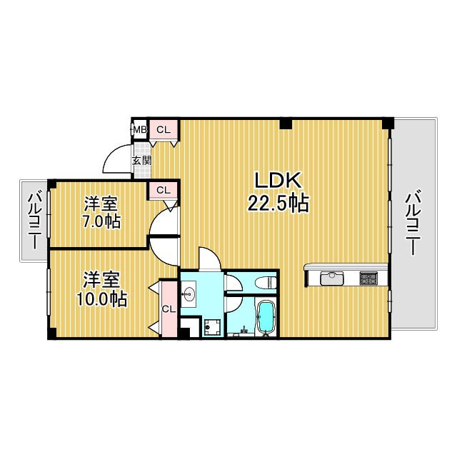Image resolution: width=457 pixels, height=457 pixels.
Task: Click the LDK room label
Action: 278,181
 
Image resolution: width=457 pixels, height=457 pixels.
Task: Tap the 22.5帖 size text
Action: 278,203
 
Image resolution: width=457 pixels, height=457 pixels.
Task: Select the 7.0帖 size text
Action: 101,221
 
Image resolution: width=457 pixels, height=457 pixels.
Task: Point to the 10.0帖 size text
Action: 101,298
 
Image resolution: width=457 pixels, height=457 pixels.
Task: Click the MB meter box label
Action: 140,129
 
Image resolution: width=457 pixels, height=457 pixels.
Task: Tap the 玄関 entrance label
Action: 142,161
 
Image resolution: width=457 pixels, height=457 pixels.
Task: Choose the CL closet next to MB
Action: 164,130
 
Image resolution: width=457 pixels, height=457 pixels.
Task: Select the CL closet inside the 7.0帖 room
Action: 164,191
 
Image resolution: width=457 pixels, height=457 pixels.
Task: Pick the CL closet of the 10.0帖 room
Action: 169,309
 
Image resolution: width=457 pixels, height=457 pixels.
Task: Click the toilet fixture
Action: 265,282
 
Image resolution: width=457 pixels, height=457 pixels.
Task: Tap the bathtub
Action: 265,316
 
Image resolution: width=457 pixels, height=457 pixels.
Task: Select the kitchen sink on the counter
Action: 332,278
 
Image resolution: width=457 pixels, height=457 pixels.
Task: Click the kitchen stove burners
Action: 368,278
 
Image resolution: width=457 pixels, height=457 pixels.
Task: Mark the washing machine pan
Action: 212,328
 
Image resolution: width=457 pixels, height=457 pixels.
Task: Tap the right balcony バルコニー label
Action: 413,223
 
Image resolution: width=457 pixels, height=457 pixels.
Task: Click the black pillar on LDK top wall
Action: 286,124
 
